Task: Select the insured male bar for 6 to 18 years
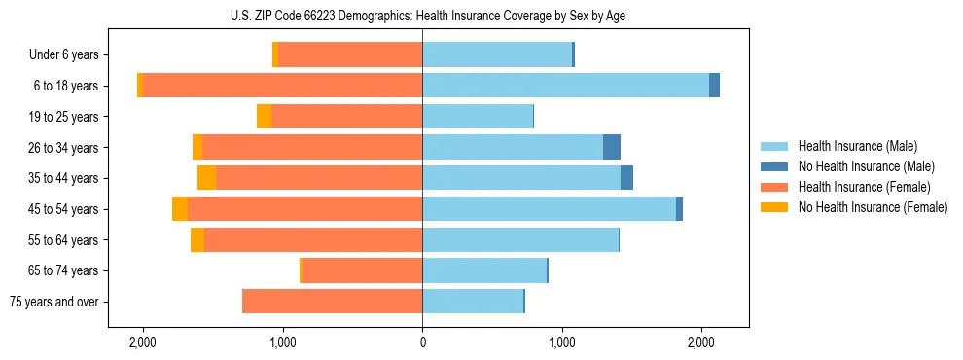click(565, 86)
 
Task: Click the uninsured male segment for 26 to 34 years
click(612, 147)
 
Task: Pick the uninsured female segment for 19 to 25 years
click(264, 117)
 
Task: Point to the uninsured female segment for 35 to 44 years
click(206, 178)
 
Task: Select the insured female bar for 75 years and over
click(332, 302)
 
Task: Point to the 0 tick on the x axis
click(422, 343)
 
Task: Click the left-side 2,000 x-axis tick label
click(143, 343)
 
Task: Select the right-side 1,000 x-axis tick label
click(562, 343)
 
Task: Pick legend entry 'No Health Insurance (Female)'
click(873, 207)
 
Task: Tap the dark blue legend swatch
click(774, 166)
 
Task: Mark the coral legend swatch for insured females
click(774, 187)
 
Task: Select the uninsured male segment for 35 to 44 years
click(626, 178)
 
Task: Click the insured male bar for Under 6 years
click(497, 55)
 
